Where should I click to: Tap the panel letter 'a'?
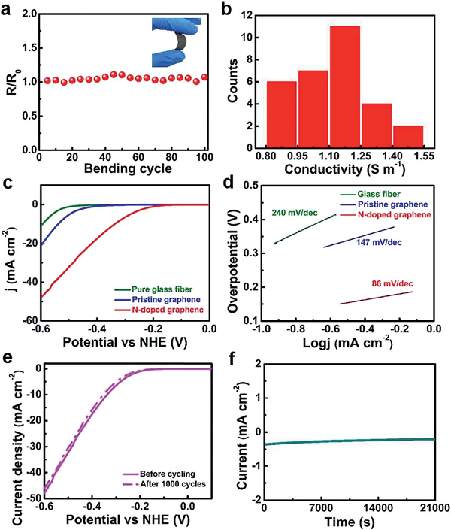coord(8,10)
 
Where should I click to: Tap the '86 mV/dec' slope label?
coord(392,285)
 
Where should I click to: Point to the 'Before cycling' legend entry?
coord(163,474)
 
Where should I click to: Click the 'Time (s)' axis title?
coord(348,521)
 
